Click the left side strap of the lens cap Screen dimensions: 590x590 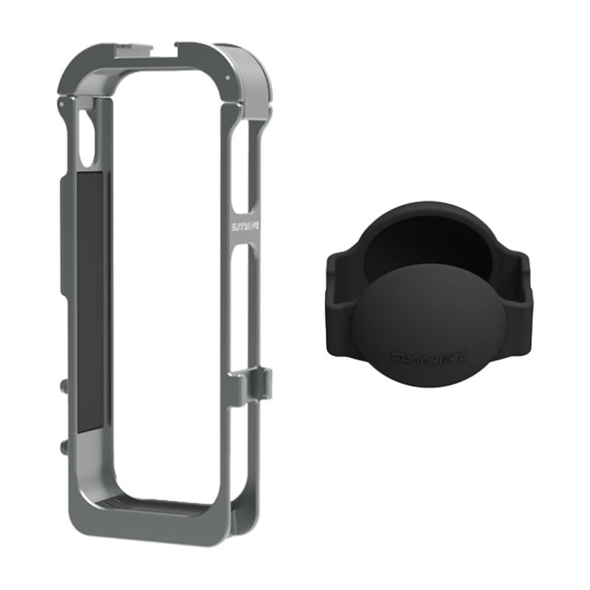(340, 303)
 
